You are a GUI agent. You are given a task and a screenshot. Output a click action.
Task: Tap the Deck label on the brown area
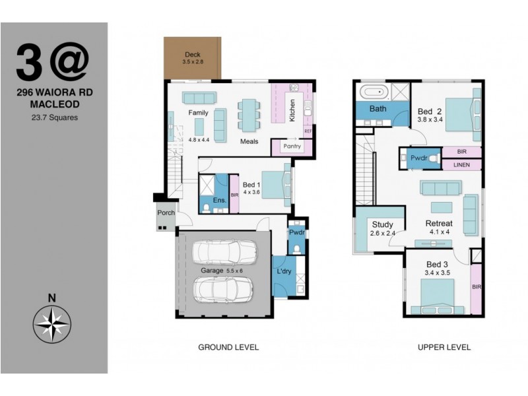click(x=192, y=55)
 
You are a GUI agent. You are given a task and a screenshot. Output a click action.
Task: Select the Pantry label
click(x=292, y=146)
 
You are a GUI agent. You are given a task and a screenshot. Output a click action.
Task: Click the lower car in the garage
click(x=224, y=288)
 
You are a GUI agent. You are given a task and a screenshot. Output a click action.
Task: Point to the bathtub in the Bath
click(x=374, y=92)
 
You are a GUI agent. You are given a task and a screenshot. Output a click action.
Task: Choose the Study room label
click(x=382, y=225)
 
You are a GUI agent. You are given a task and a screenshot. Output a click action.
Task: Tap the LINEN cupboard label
click(x=461, y=165)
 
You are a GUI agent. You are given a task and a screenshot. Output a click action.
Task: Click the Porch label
click(x=165, y=213)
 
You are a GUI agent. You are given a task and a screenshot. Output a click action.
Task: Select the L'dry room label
click(x=284, y=272)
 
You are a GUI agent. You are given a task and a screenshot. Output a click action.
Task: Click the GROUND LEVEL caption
click(x=228, y=347)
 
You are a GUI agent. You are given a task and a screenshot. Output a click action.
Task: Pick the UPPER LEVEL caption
click(x=444, y=347)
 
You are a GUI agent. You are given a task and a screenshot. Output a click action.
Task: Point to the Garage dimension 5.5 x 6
click(x=231, y=271)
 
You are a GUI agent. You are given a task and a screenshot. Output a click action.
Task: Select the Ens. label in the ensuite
click(x=220, y=200)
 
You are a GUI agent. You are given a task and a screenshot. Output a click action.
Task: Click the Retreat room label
click(x=438, y=224)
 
